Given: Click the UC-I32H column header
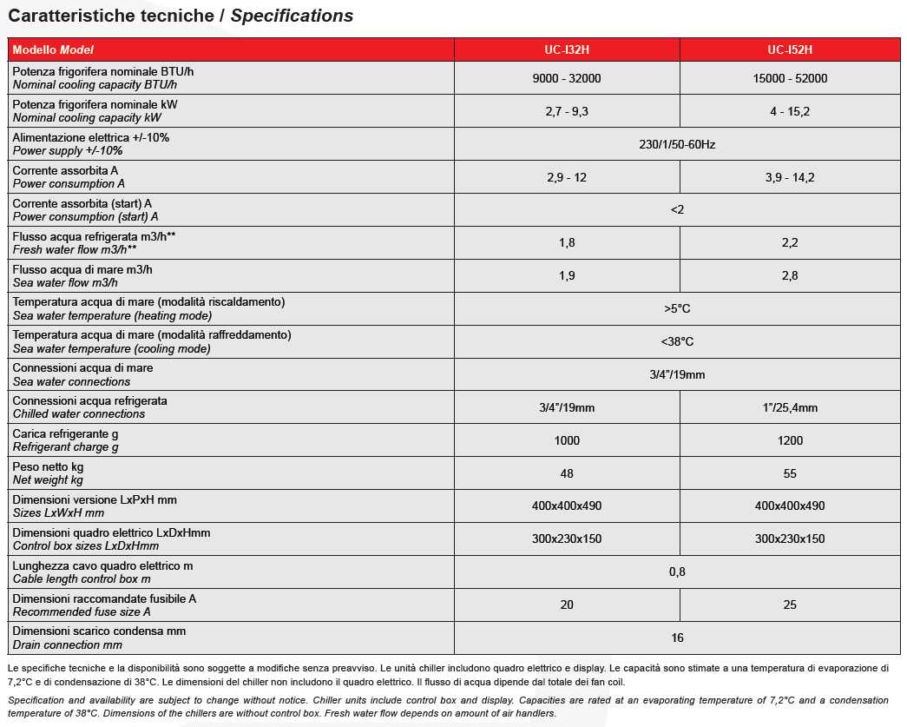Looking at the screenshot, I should tap(567, 50).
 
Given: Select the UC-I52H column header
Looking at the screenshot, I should tap(790, 50).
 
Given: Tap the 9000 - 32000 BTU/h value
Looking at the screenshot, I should tap(567, 78).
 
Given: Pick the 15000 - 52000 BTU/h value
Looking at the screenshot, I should tap(790, 78).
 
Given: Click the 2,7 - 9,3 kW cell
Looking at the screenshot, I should tap(567, 111).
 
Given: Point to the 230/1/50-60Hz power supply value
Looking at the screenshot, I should tap(677, 144).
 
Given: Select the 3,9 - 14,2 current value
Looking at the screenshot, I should tap(790, 177).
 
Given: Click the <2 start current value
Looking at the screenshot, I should tap(677, 209).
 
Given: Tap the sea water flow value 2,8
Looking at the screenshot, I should tap(790, 275).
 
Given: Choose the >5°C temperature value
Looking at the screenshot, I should tap(677, 308).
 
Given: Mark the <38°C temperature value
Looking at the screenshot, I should tap(677, 341).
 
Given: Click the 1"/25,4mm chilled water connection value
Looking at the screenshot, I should tap(790, 407).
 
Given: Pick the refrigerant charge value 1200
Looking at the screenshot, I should tap(790, 440).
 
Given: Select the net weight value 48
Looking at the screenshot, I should tap(567, 473).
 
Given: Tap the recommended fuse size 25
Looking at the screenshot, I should tap(790, 605).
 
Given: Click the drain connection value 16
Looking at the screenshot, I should tap(677, 638).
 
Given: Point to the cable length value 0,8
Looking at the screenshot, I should tap(677, 572).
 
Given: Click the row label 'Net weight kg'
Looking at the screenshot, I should tap(48, 480).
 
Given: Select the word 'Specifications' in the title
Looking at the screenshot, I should tap(292, 16).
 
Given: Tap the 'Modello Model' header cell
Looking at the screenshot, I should tap(53, 50).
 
